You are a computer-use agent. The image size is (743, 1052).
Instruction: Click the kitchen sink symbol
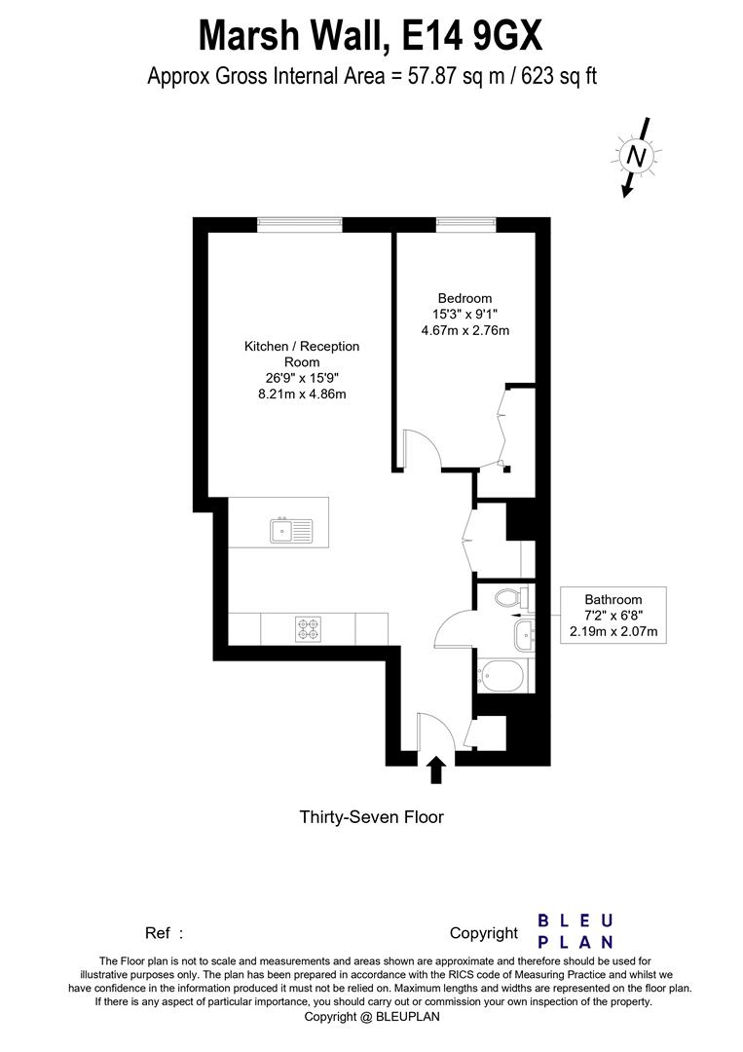(x=292, y=531)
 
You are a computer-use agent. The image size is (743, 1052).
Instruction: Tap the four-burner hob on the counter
(x=309, y=628)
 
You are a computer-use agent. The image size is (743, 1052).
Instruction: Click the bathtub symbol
(x=502, y=673)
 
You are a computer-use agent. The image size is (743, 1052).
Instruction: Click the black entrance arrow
(x=436, y=771)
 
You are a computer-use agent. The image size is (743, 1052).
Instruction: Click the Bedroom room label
(x=464, y=298)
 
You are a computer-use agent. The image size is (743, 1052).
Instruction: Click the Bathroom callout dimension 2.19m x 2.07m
(x=613, y=632)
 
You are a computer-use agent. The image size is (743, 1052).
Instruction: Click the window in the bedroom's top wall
(x=467, y=224)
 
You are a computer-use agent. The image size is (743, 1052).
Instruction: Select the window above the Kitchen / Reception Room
(x=300, y=224)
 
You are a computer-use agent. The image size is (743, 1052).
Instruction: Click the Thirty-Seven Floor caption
(x=371, y=817)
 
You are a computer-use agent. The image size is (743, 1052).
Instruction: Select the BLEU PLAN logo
(x=576, y=931)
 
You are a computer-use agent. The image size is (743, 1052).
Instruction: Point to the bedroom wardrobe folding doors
(x=504, y=429)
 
